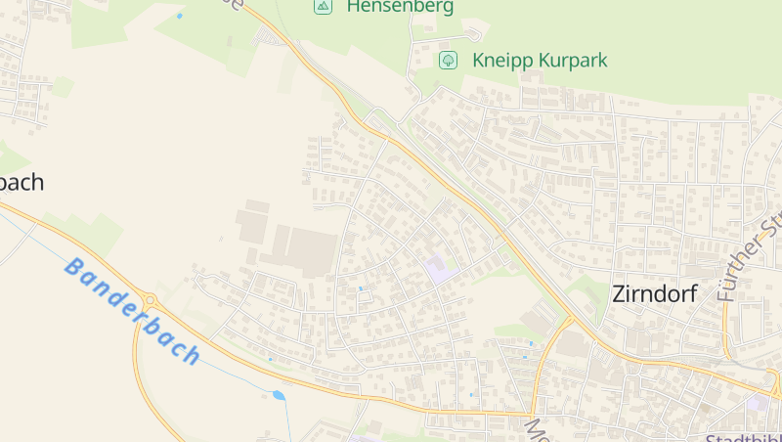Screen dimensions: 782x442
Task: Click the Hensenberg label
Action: [x=400, y=7]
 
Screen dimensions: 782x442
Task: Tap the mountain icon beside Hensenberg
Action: [x=323, y=6]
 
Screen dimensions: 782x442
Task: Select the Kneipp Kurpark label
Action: [x=540, y=60]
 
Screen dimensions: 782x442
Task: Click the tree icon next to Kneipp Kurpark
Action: [x=448, y=60]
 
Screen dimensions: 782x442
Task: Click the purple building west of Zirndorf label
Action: [x=440, y=269]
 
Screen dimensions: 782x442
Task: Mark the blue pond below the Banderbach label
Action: [x=279, y=395]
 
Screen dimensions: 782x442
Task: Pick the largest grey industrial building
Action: [x=311, y=251]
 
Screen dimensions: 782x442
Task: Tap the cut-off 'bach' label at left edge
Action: [x=22, y=182]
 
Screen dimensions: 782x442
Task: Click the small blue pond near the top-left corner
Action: [x=179, y=16]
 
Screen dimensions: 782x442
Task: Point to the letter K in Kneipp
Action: [x=479, y=60]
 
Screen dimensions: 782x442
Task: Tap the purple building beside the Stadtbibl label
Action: [x=759, y=402]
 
